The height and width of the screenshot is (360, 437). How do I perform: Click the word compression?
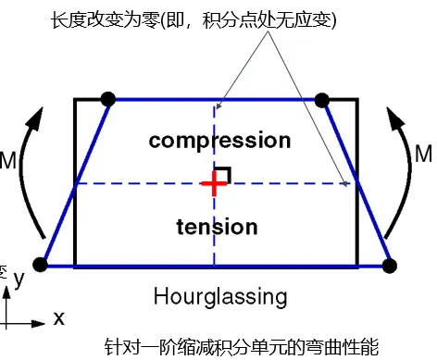point(219,141)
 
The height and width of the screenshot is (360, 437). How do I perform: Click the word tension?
point(215,226)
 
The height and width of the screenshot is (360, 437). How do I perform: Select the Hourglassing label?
point(219,297)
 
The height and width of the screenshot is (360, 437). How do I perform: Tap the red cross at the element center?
point(214,183)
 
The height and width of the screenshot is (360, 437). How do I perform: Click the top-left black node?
point(107,98)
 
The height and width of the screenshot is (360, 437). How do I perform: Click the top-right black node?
point(322,99)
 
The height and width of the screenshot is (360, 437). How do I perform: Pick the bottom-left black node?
point(40,266)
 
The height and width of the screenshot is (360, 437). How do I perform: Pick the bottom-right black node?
point(389,266)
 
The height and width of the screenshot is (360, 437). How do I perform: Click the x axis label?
point(58,318)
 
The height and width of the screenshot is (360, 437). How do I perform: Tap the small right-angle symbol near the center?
point(225,173)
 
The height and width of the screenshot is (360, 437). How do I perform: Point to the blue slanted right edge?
point(356,183)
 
